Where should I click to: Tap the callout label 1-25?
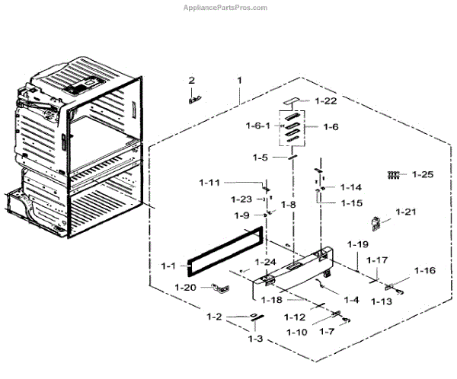422,175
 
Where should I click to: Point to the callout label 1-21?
407,212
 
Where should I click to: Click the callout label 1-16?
425,270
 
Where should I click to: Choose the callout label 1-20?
186,287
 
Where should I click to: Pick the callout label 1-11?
209,183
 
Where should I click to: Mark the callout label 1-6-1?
257,124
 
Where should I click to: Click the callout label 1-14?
351,187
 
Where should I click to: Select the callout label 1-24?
265,263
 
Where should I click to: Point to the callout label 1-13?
382,301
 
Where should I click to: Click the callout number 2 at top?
191,80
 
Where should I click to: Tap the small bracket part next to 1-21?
375,223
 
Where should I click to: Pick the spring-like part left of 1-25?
394,175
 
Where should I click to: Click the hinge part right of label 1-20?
219,287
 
